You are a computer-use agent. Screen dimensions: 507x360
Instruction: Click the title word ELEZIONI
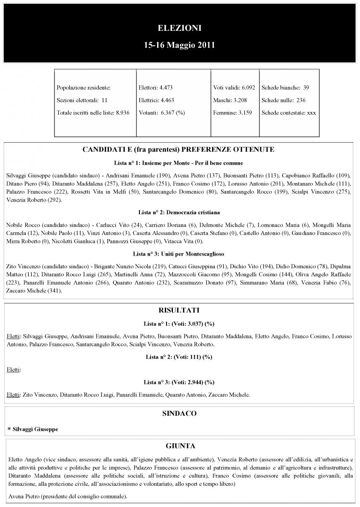click(x=179, y=28)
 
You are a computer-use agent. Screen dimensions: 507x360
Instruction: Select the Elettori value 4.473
click(x=166, y=88)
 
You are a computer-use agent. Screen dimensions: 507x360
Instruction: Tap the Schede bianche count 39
click(x=306, y=88)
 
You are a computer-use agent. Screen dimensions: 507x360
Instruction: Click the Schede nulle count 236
click(x=301, y=101)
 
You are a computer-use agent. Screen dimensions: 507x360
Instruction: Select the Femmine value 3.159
click(x=245, y=113)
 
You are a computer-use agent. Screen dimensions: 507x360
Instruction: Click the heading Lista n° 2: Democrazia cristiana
click(x=179, y=212)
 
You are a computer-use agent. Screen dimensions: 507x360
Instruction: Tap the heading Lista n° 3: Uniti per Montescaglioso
click(x=179, y=254)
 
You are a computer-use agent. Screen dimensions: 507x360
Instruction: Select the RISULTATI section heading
click(x=179, y=310)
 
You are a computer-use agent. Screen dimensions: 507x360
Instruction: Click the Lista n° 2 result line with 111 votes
click(x=179, y=357)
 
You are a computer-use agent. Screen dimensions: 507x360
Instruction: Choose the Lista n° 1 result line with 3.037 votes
click(x=179, y=324)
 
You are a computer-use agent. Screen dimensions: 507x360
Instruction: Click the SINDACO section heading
click(x=179, y=414)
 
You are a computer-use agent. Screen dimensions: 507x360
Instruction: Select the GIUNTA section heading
click(x=179, y=446)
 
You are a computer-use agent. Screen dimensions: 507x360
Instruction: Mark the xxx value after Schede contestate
click(x=311, y=113)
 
